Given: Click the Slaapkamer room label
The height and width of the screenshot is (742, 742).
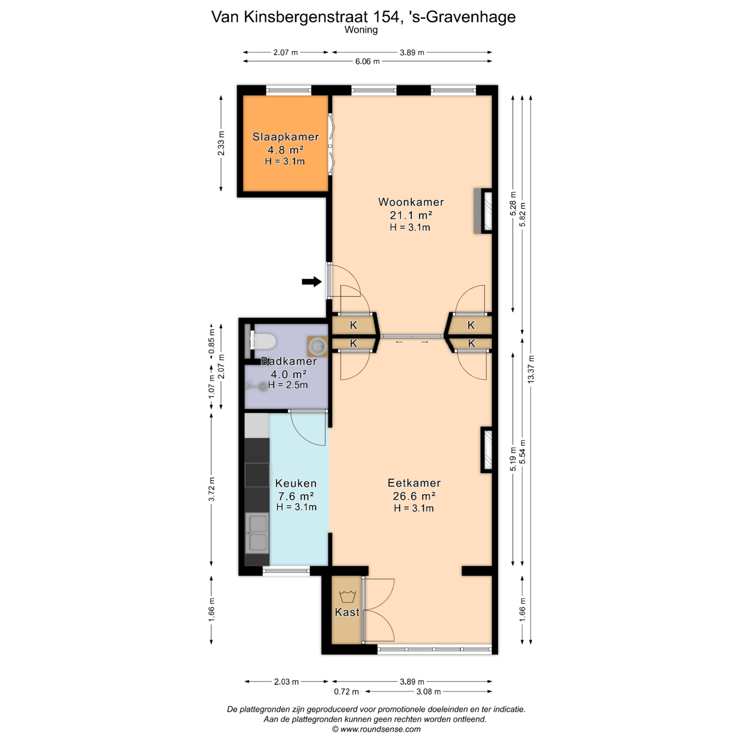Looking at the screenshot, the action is coord(286,137).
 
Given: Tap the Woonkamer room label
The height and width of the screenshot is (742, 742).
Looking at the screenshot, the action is coord(411,202).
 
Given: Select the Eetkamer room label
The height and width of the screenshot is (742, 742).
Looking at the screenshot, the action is coord(414,483).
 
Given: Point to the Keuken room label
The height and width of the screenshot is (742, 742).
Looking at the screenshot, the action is coord(296,483).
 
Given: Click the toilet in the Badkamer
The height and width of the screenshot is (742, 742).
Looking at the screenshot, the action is coord(263,342).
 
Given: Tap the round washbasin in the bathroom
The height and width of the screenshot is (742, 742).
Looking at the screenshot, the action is coord(318,346).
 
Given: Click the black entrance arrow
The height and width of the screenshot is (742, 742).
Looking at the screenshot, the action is coord(312,281).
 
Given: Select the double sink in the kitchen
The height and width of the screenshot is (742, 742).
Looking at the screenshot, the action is coord(257,532).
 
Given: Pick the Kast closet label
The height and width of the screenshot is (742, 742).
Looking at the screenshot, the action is coord(347,612).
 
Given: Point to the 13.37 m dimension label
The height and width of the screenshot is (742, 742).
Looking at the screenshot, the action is coord(531,369).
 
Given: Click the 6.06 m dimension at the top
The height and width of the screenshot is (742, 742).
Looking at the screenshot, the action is coord(367,61).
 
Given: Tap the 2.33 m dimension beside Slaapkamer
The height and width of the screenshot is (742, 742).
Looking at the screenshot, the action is coord(221,143).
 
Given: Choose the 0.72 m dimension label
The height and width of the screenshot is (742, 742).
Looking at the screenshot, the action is coord(346,692).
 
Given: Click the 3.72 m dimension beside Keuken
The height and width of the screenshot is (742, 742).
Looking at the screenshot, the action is coord(212,489).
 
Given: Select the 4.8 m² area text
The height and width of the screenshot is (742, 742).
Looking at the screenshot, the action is coord(285,150).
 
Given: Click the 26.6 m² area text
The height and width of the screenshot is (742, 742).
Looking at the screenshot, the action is coord(414,496).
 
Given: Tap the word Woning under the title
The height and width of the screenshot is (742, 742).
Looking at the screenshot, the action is coord(361,30).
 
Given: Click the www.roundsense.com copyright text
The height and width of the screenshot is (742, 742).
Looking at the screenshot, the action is coord(376,729).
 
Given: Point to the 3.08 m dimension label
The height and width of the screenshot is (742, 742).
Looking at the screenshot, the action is coord(429,692).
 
